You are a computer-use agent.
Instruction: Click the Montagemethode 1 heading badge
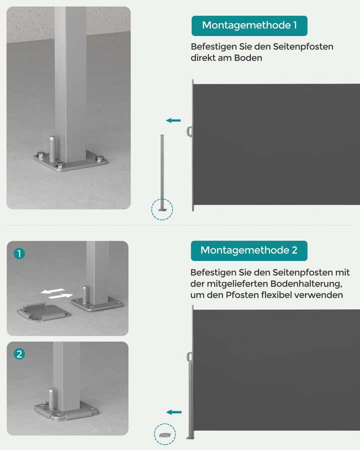(x=249, y=25)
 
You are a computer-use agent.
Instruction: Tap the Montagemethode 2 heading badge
(x=248, y=250)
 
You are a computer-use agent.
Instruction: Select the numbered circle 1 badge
(x=19, y=254)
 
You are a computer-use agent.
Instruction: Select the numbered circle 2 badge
(x=19, y=354)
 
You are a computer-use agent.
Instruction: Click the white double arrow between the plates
(x=56, y=293)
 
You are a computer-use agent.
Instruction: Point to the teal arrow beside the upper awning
(x=173, y=120)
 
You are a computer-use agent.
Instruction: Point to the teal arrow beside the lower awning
(x=174, y=412)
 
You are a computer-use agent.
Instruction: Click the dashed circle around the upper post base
(x=162, y=209)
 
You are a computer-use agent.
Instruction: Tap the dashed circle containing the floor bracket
(x=164, y=434)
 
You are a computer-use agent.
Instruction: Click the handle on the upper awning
(x=189, y=131)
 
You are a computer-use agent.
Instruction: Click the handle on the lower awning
(x=189, y=357)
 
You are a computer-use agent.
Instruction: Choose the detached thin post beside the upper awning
(x=162, y=170)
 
